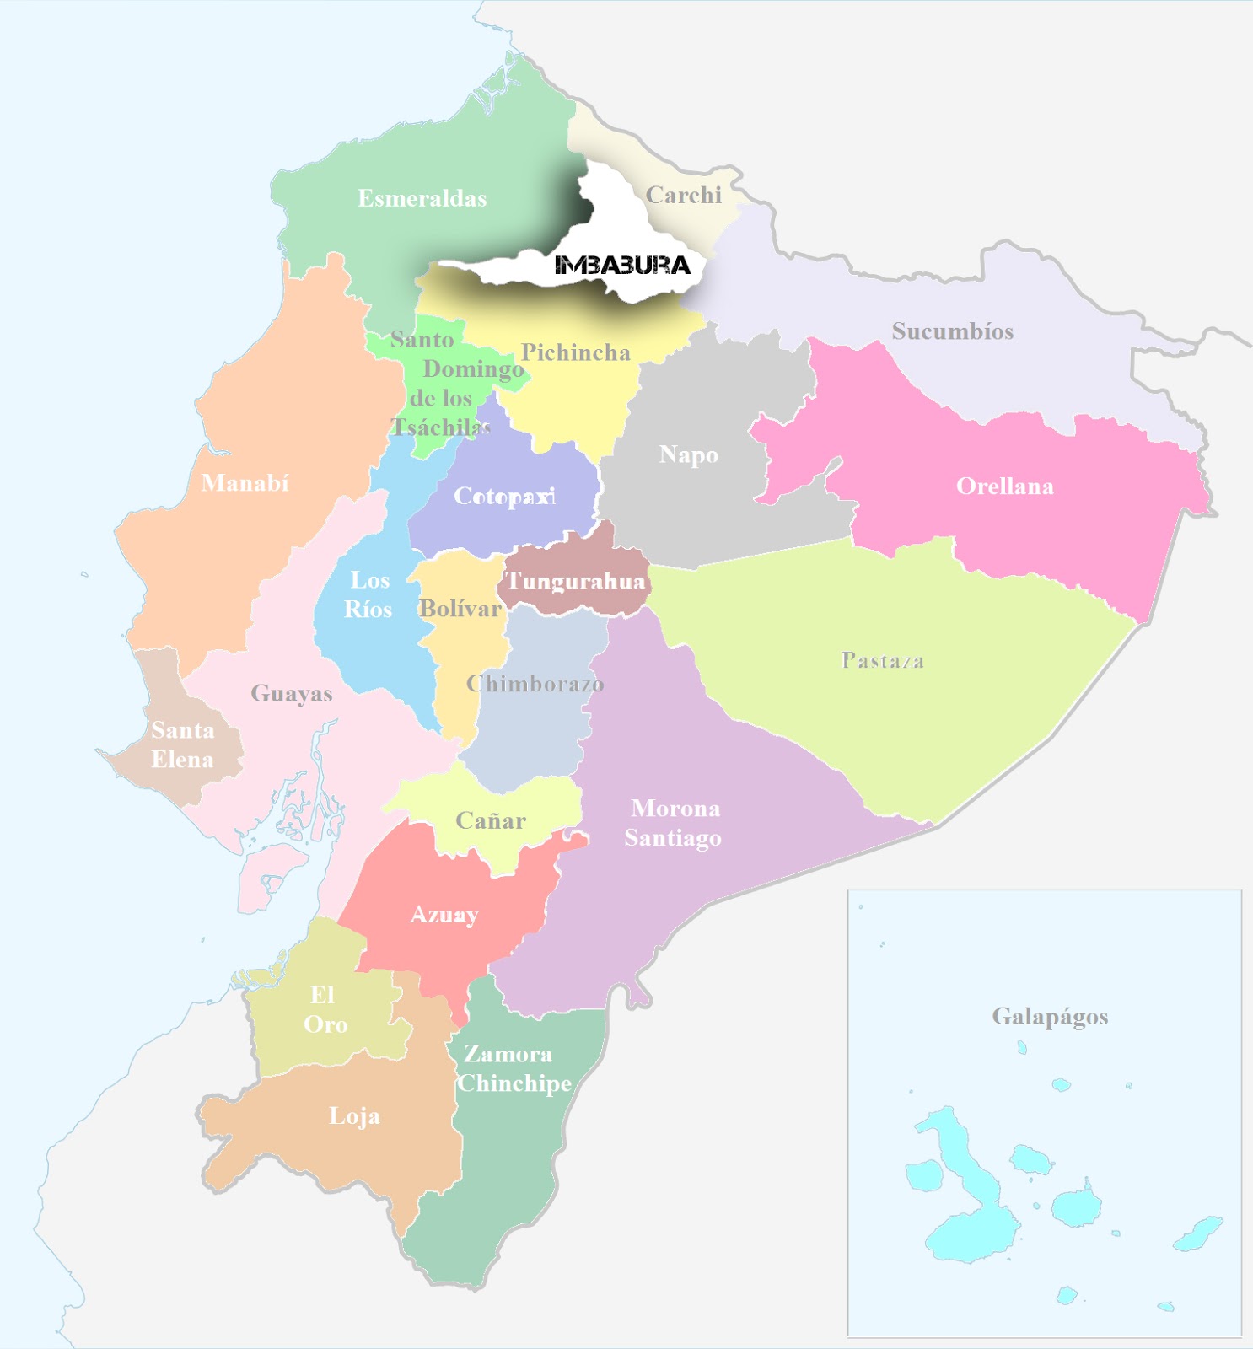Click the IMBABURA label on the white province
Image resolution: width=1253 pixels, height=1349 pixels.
(x=622, y=266)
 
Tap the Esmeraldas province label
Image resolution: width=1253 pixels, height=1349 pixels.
(x=422, y=199)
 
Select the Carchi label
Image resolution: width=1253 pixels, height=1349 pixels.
(x=683, y=196)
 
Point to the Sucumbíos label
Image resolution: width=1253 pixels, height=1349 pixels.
(x=952, y=331)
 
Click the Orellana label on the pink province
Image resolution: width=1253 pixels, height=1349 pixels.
(x=1004, y=486)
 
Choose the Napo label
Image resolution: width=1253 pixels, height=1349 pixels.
(x=688, y=455)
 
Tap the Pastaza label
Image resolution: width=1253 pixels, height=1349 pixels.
(x=882, y=661)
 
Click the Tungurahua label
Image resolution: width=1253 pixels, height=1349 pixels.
(x=575, y=582)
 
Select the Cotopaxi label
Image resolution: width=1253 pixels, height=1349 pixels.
(x=504, y=497)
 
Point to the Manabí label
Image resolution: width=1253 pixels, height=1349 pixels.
(x=245, y=483)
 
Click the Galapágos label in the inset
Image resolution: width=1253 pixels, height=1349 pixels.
(x=1049, y=1017)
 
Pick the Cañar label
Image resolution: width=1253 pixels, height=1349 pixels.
(x=490, y=821)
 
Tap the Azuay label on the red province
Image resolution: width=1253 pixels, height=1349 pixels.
(x=444, y=916)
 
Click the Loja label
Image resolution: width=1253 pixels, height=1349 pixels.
(x=354, y=1117)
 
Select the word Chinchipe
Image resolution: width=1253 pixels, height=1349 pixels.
(x=514, y=1083)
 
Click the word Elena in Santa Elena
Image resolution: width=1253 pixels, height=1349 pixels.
(x=182, y=760)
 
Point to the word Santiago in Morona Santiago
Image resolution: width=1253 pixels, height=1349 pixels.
(x=672, y=838)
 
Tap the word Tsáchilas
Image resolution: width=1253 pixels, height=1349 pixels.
(x=441, y=427)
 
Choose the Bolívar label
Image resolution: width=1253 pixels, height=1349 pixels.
(x=460, y=609)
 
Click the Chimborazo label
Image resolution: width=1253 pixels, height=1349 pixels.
(x=535, y=684)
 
